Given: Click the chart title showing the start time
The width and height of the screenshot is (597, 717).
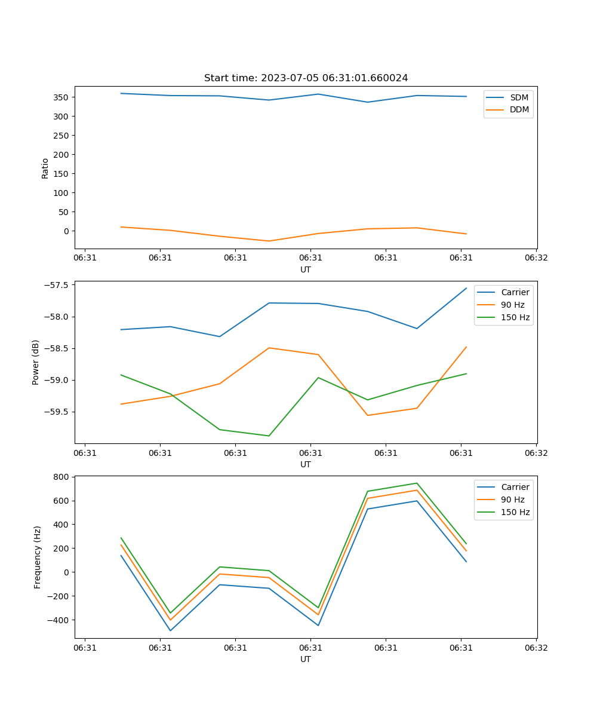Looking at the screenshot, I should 306,78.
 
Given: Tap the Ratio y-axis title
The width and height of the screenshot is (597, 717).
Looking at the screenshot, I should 45,168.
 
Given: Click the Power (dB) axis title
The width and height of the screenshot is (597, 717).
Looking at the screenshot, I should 36,362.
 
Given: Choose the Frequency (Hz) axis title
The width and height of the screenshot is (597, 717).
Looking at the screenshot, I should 38,557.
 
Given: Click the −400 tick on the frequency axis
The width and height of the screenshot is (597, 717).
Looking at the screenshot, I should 58,620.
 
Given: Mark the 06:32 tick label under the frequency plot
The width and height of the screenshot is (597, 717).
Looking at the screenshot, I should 536,648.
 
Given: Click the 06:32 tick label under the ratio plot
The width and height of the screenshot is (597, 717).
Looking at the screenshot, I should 536,258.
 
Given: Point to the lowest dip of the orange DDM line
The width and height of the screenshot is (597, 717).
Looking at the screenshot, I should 269,241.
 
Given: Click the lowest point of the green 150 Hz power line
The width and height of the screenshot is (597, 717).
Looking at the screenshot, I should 269,436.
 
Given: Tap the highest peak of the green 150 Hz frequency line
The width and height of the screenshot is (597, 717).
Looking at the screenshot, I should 417,483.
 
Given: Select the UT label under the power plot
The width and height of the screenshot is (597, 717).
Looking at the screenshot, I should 306,464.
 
